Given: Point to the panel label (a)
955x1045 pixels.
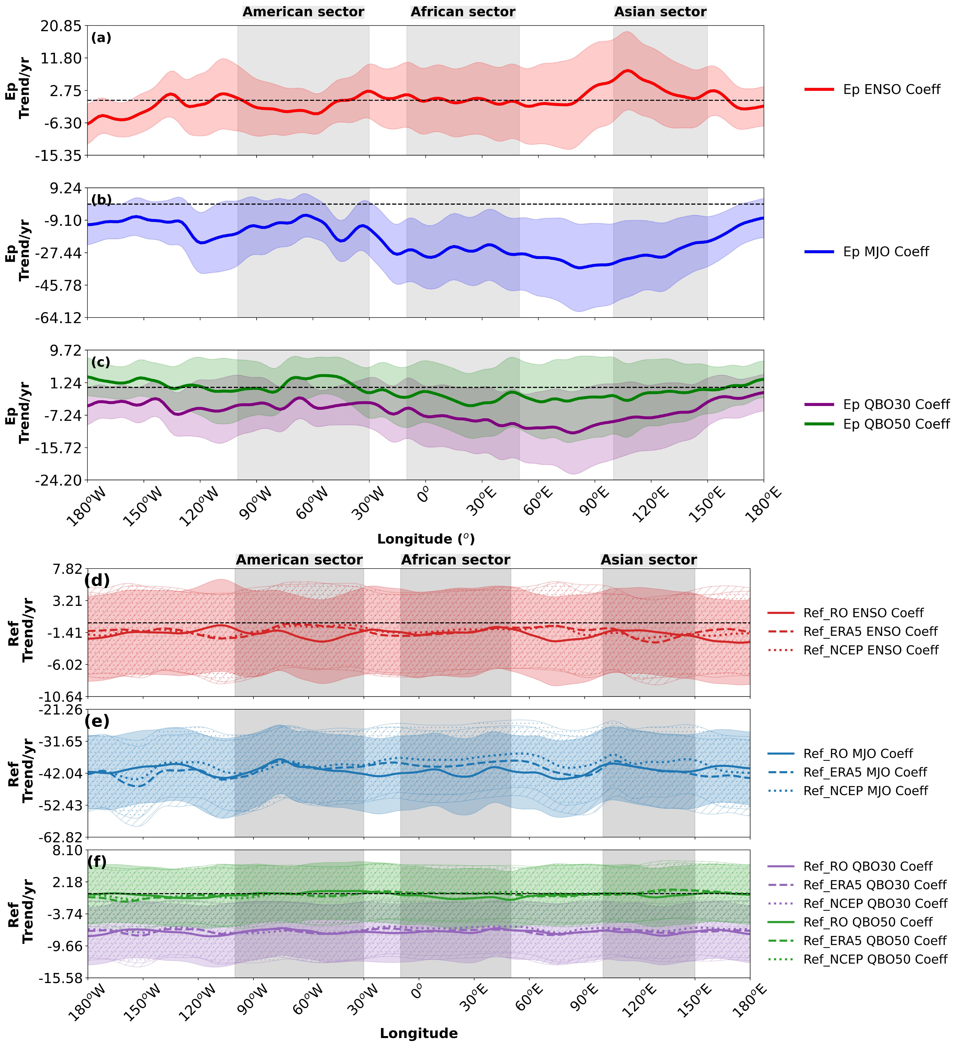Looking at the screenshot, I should pyautogui.click(x=101, y=38).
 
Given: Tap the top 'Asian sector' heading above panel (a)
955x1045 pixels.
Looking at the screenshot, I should pyautogui.click(x=660, y=12).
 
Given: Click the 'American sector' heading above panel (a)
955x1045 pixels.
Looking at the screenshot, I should pyautogui.click(x=303, y=12).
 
